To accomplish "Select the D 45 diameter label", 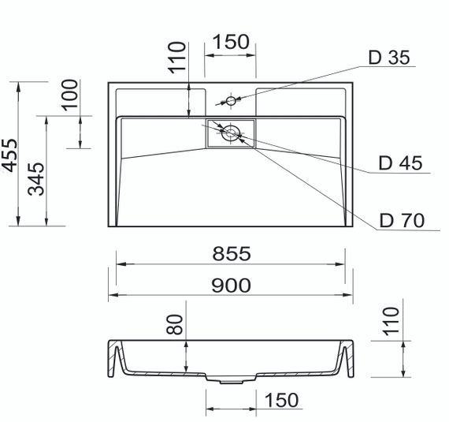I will (x=400, y=163).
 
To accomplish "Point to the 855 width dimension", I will (x=231, y=253).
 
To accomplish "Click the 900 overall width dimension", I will (x=231, y=284).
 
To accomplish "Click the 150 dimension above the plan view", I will (x=231, y=42).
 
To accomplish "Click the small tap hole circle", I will (x=231, y=101).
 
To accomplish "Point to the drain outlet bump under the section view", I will (x=231, y=379).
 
